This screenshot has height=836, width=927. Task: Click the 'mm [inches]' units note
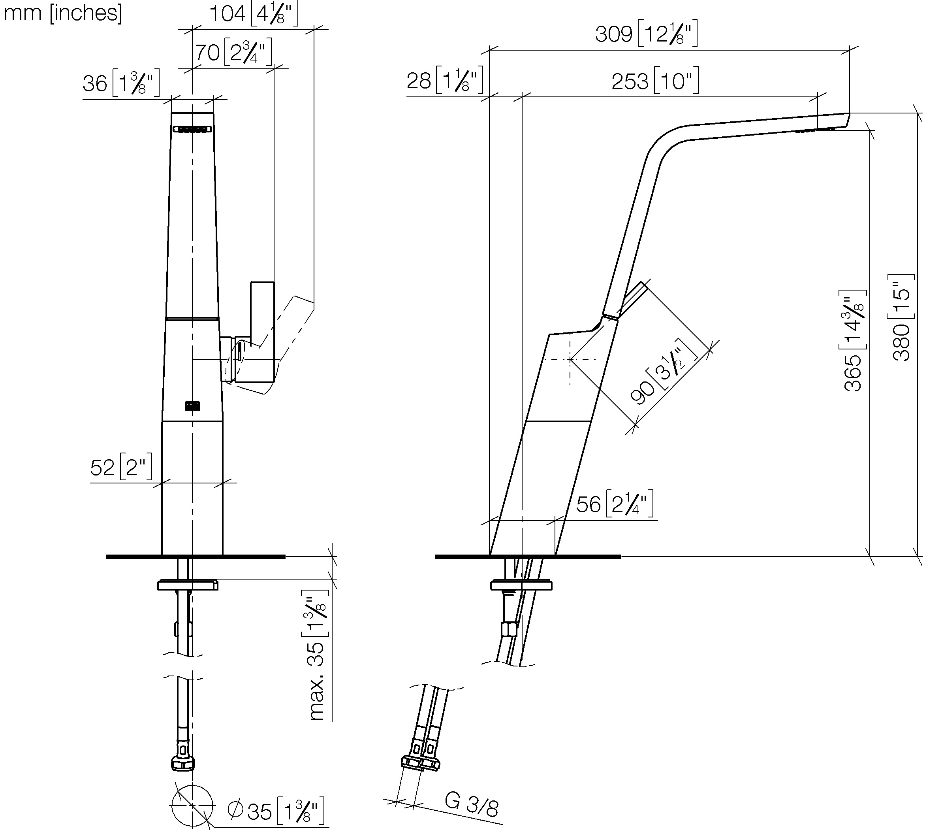63,13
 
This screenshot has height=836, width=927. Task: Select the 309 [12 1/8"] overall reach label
646,34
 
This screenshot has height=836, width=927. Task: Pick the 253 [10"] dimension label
655,81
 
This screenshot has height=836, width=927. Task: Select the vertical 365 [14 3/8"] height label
854,340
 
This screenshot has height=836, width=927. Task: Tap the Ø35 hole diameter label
275,811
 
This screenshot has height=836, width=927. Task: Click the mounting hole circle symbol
192,806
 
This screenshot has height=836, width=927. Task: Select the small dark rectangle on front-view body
192,406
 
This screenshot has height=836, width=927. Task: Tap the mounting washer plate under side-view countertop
521,586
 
